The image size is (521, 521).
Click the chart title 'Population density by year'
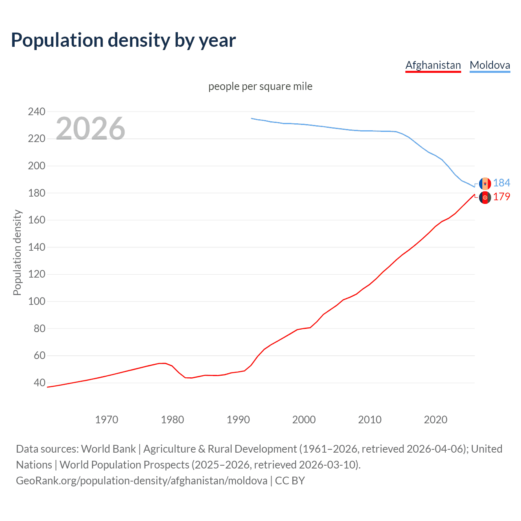(x=123, y=40)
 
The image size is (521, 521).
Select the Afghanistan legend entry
(x=433, y=65)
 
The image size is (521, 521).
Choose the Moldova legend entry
(x=490, y=65)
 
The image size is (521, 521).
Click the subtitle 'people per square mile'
(x=260, y=86)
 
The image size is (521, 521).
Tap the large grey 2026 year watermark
(x=90, y=129)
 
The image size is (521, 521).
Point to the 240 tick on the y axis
(x=37, y=112)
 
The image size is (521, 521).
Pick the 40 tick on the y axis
(x=39, y=383)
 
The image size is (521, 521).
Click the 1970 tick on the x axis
(x=107, y=420)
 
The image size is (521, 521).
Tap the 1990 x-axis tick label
(x=238, y=420)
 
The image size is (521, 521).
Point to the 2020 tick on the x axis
(x=436, y=420)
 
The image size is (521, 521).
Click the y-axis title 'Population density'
(x=17, y=252)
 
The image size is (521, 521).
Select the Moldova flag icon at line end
(x=485, y=184)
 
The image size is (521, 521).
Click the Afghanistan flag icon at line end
(x=485, y=197)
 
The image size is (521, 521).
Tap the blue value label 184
(x=501, y=183)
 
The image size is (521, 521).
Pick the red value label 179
(x=501, y=197)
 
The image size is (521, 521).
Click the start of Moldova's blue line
(x=252, y=118)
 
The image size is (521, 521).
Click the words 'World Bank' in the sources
(x=108, y=449)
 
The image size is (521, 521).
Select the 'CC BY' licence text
(x=290, y=481)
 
